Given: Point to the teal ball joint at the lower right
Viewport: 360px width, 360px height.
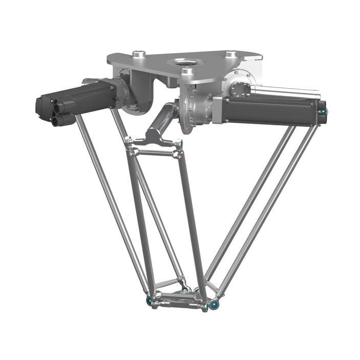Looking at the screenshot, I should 214,305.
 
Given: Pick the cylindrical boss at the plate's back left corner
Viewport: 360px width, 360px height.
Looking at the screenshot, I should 138,54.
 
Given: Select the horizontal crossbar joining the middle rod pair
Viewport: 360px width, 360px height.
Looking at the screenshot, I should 154,152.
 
